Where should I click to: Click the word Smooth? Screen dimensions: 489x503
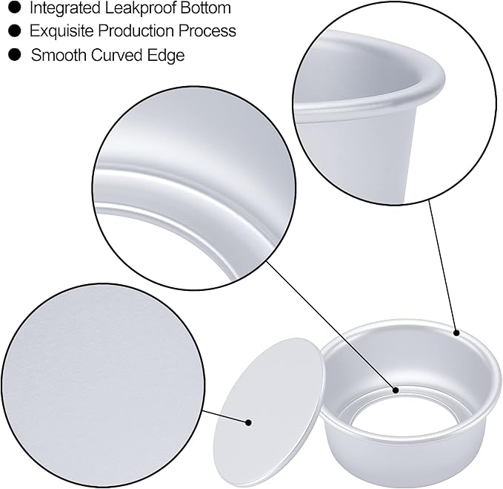pyautogui.click(x=55, y=55)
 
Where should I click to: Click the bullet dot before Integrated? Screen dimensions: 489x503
pyautogui.click(x=13, y=9)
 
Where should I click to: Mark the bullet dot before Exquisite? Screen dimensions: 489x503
pyautogui.click(x=13, y=31)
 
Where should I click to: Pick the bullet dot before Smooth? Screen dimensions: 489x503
pyautogui.click(x=13, y=55)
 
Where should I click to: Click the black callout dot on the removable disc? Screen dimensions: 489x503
pyautogui.click(x=250, y=422)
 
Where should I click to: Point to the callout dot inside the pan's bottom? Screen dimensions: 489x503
pyautogui.click(x=396, y=390)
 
